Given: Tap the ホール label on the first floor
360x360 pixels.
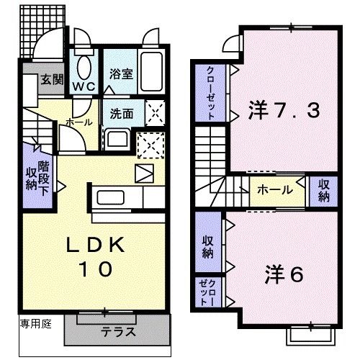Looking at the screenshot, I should click(78, 123).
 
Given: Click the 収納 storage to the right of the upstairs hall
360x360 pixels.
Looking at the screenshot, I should click(323, 189).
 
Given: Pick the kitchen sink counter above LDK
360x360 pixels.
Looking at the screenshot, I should click(112, 197).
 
